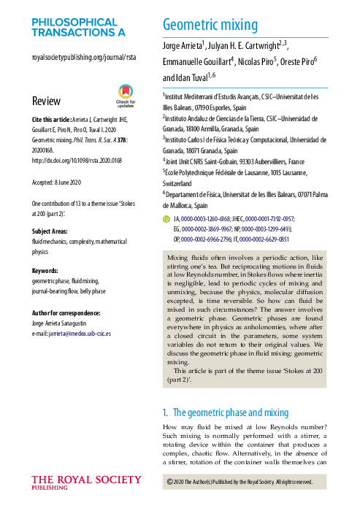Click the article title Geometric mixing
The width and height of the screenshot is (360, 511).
coord(210,26)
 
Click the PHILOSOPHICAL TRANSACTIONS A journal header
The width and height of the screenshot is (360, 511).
coord(79,28)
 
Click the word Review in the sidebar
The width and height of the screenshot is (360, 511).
coord(47,100)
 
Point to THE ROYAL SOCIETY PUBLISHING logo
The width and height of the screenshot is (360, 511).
coord(86,483)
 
